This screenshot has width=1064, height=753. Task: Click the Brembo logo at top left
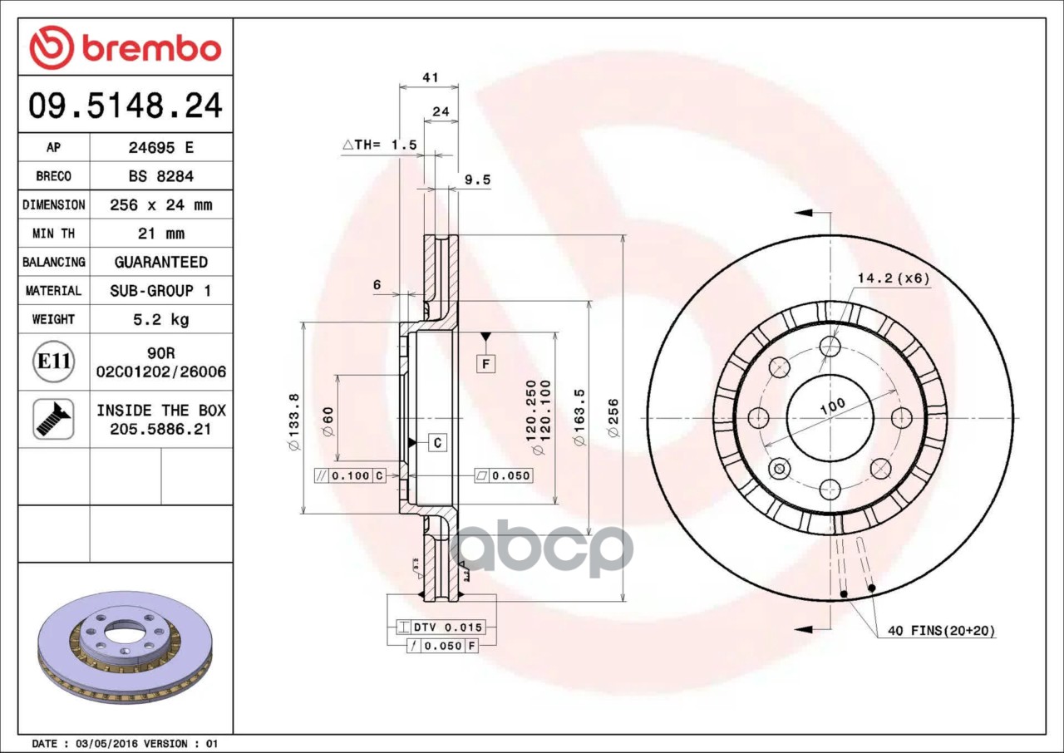click(x=125, y=47)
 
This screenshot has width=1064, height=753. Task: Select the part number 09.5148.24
click(x=126, y=106)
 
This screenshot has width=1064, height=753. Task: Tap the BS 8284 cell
click(x=161, y=176)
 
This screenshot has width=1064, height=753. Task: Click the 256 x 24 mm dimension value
click(x=161, y=204)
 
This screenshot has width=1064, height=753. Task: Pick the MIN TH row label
click(x=54, y=234)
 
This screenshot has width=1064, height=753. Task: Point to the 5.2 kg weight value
click(x=161, y=319)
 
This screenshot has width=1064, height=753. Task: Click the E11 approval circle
click(x=54, y=362)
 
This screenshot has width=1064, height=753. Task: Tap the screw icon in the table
click(x=53, y=419)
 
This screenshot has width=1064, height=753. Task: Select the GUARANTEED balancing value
click(x=161, y=262)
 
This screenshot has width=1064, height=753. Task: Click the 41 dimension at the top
click(x=431, y=77)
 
